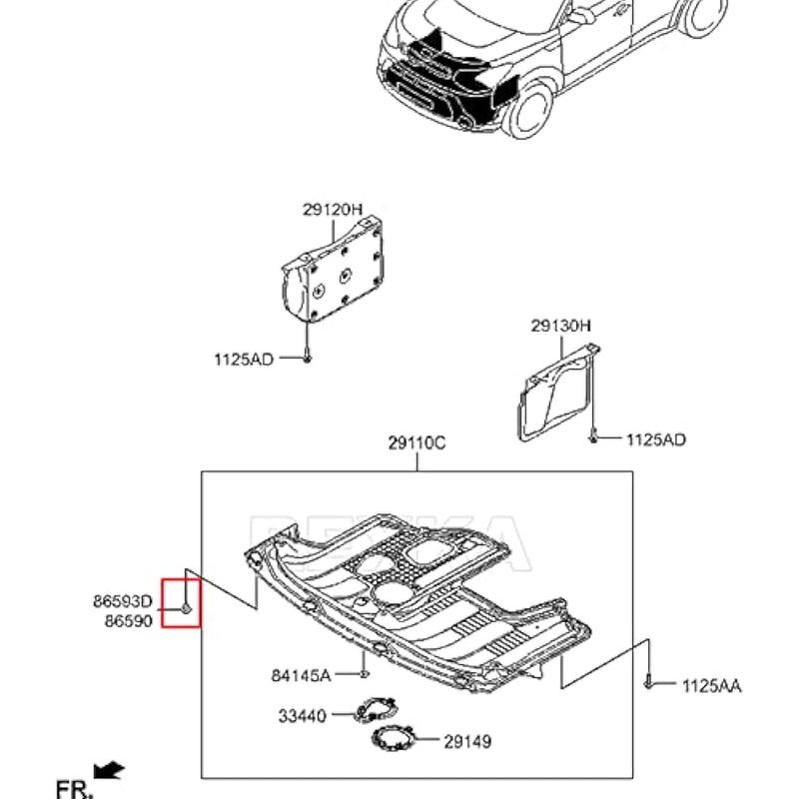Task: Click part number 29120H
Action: [x=333, y=210]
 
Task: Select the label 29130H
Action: [x=560, y=326]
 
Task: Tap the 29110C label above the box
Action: [x=416, y=442]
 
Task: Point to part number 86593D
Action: [x=123, y=601]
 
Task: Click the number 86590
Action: [x=129, y=621]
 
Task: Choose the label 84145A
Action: [x=302, y=676]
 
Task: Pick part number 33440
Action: [x=302, y=716]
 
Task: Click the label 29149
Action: [x=467, y=741]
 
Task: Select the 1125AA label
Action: [x=712, y=686]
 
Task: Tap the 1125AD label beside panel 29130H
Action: [x=656, y=439]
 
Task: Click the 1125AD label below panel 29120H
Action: [x=244, y=360]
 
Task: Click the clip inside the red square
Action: [x=186, y=608]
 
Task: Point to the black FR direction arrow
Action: [x=108, y=770]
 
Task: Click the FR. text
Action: [x=74, y=789]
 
